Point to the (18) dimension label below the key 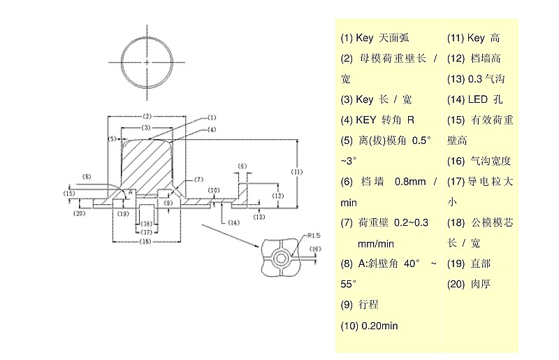[x=146, y=241]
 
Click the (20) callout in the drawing [x=79, y=213]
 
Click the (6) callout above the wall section [x=242, y=166]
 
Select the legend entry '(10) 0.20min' [x=370, y=325]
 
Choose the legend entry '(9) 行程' [x=359, y=305]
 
